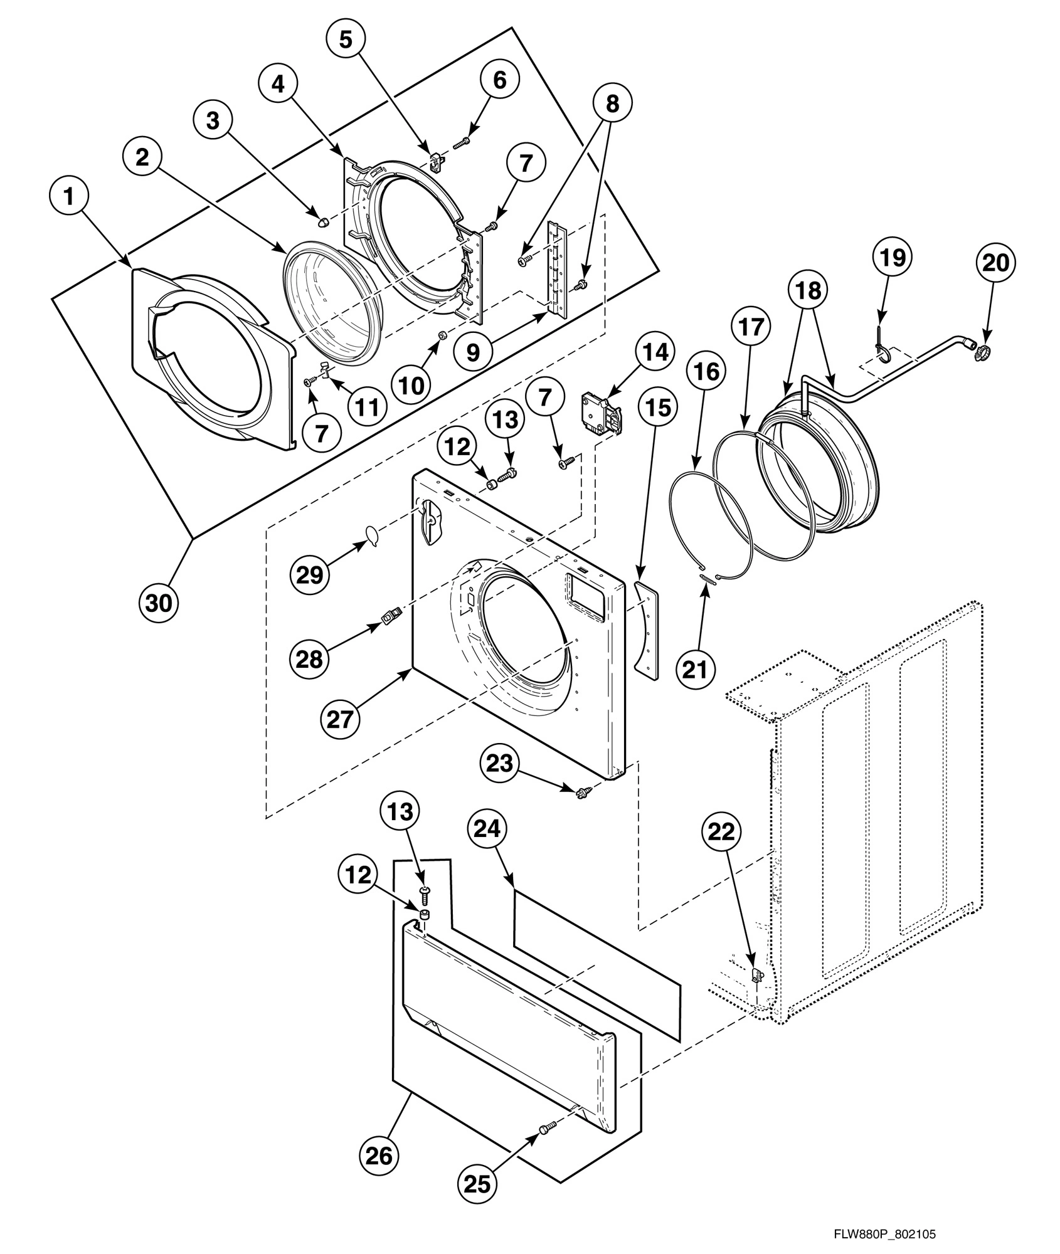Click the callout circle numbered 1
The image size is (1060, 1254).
pos(68,196)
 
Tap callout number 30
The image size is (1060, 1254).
pos(158,603)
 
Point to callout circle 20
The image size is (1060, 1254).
pos(996,263)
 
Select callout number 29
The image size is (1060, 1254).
pos(309,574)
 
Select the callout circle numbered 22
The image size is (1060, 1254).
pos(721,832)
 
